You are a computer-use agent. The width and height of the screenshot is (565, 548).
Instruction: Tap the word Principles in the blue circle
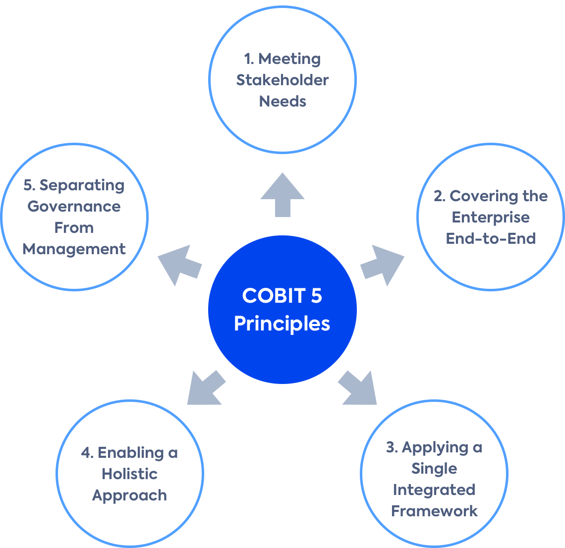click(x=282, y=324)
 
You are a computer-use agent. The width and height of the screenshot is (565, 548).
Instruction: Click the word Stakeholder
click(x=282, y=80)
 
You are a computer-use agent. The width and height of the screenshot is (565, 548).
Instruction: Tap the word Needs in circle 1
click(x=282, y=101)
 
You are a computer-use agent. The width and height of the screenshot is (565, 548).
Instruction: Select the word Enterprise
click(x=491, y=217)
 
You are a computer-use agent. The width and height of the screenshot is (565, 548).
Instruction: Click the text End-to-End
click(x=491, y=238)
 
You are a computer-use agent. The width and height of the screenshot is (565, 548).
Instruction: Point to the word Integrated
click(x=434, y=490)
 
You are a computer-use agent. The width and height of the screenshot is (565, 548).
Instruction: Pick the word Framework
click(x=434, y=511)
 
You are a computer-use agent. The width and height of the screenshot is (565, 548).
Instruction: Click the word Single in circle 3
click(x=434, y=468)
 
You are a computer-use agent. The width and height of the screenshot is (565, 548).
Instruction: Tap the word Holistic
click(x=129, y=474)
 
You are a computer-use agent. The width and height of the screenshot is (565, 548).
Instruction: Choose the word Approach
click(x=129, y=495)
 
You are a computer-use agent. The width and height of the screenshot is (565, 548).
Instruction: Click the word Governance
click(x=74, y=206)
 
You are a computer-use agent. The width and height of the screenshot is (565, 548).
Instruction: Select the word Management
click(x=74, y=249)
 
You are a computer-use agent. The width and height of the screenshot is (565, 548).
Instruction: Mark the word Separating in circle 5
click(x=82, y=185)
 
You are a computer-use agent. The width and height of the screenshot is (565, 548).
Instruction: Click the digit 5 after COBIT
click(x=316, y=296)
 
